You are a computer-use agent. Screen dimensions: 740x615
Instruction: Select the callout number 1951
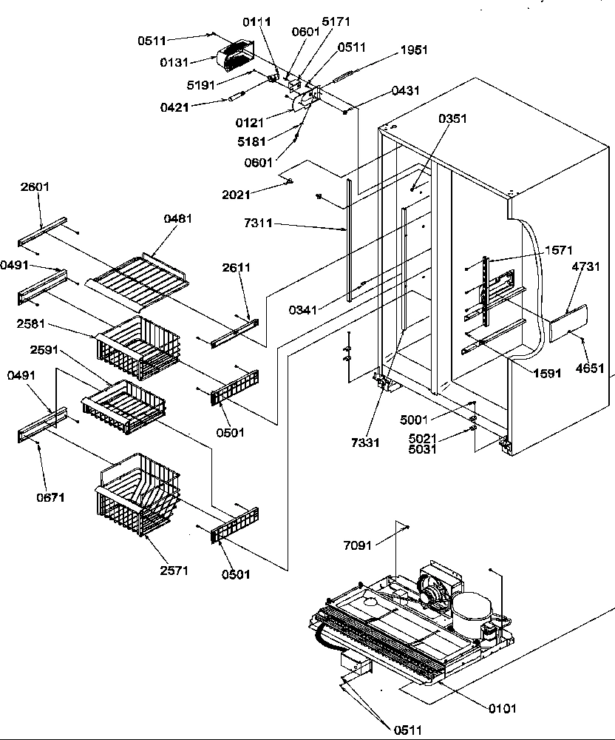414,50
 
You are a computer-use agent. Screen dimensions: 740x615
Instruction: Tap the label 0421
174,107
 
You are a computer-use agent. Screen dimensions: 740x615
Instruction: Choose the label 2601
35,187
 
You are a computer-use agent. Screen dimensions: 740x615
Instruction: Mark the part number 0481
177,218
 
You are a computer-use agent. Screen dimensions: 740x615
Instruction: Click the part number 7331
365,443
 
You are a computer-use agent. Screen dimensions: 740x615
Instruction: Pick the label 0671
50,498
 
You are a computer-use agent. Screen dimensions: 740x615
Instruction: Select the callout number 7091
359,546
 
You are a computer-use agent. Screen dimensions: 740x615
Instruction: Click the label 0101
502,708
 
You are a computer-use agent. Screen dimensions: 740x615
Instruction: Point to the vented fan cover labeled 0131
234,58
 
